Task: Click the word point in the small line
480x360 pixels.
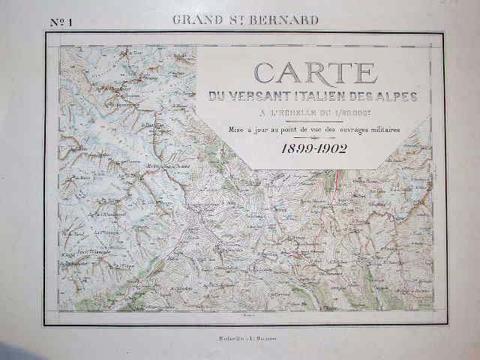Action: [277, 130]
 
